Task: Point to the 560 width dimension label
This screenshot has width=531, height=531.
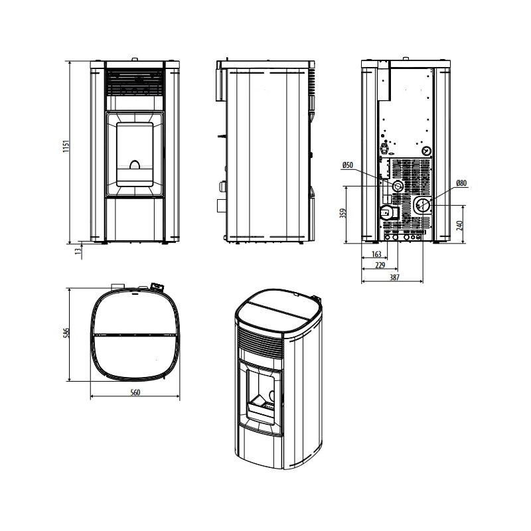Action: (x=135, y=392)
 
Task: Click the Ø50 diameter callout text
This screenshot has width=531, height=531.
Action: (x=347, y=165)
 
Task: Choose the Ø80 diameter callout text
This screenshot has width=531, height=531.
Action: (x=461, y=183)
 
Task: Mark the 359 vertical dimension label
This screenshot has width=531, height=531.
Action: (x=342, y=214)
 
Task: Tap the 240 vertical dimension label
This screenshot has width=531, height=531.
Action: (x=459, y=225)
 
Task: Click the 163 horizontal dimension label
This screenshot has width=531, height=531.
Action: (x=376, y=254)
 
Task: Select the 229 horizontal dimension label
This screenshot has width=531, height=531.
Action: (x=380, y=265)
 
